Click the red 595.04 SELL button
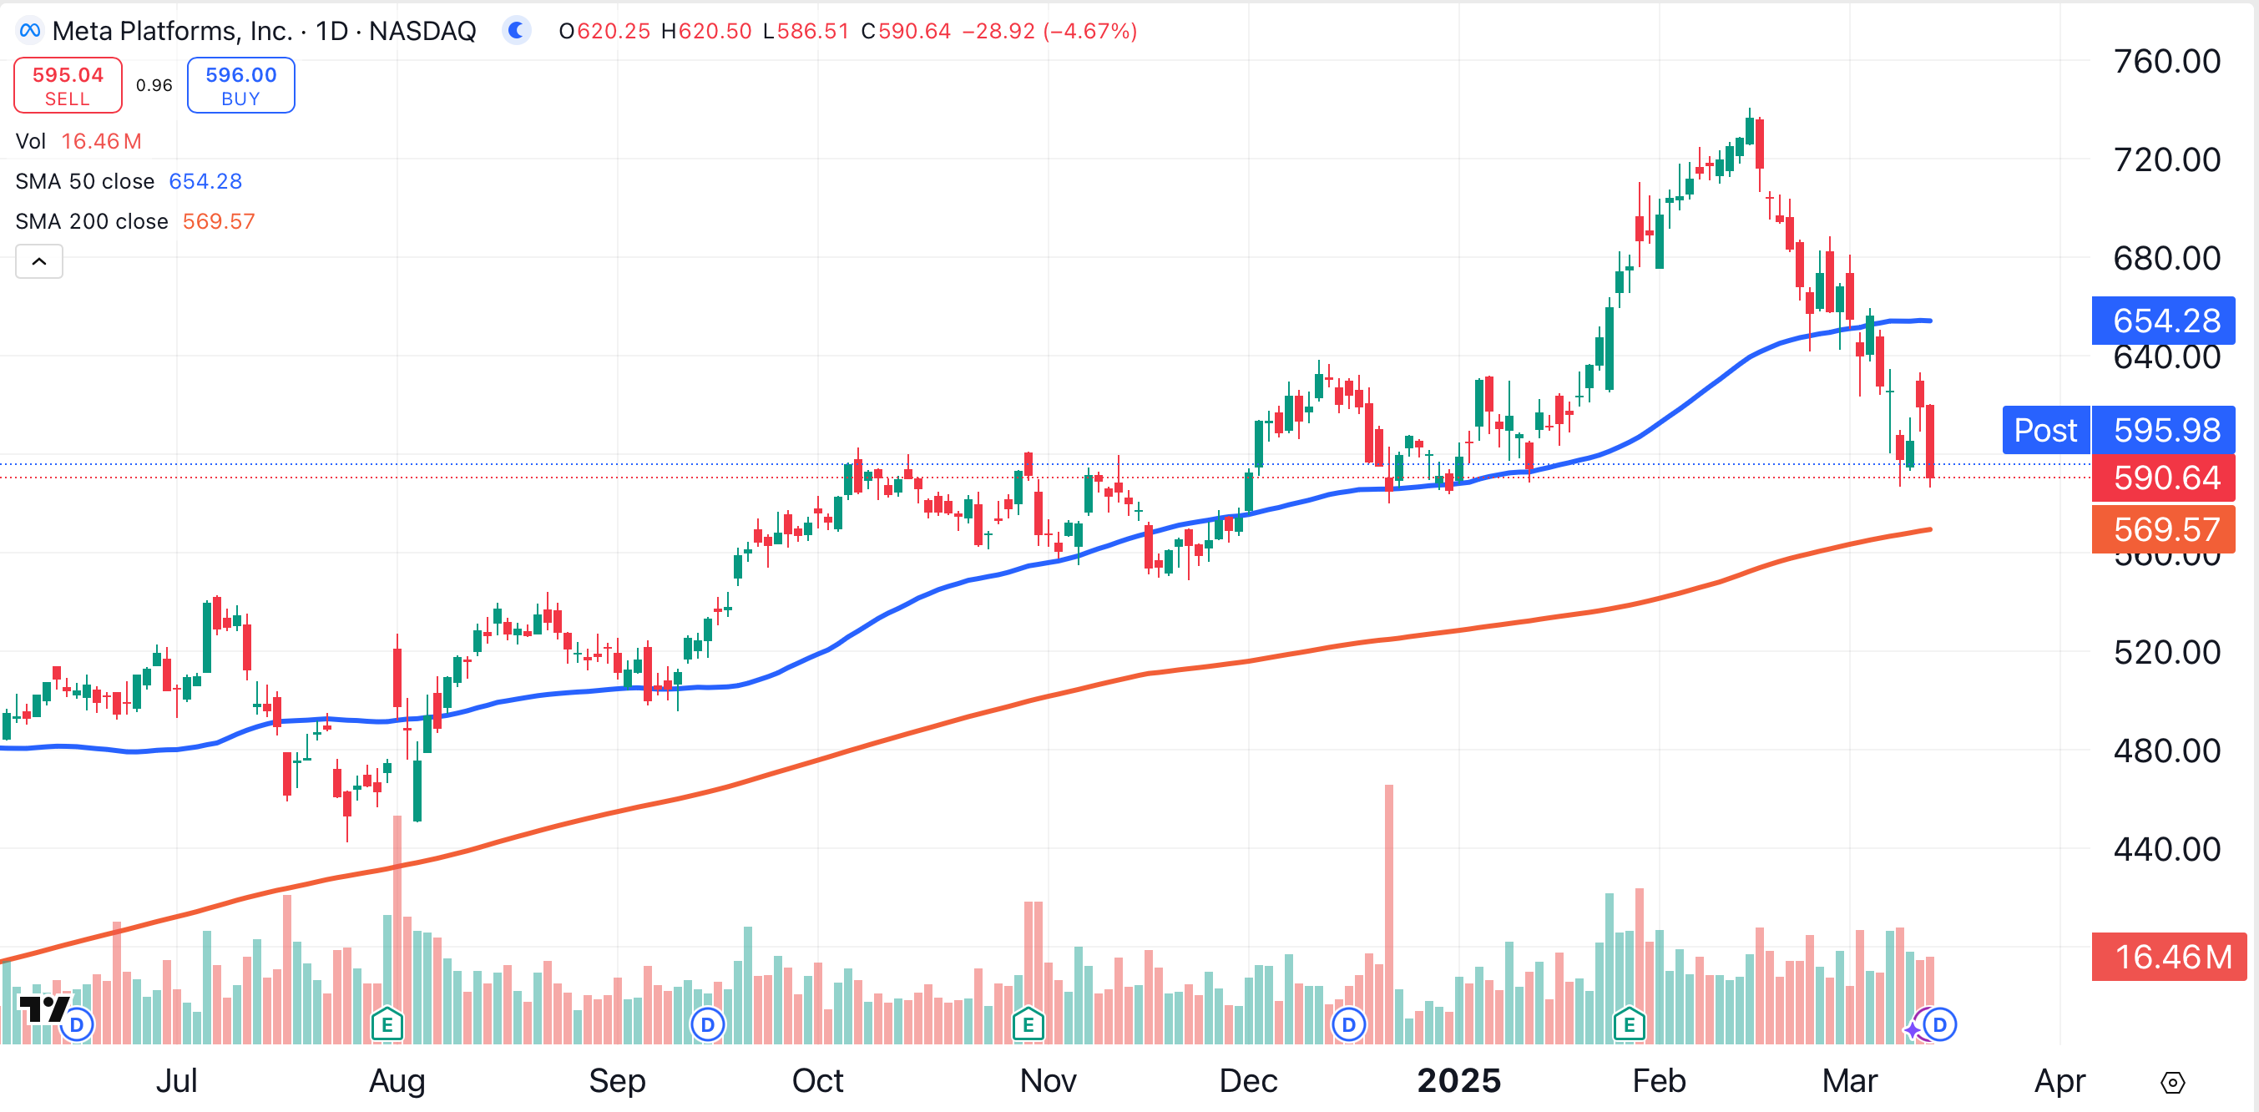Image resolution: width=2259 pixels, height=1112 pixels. pyautogui.click(x=68, y=85)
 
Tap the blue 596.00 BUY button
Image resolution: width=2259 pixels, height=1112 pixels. pyautogui.click(x=240, y=85)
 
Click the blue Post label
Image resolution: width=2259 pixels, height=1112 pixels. pyautogui.click(x=2045, y=430)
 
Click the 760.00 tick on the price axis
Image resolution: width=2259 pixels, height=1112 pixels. pyautogui.click(x=2166, y=62)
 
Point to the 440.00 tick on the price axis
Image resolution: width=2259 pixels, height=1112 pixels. pyautogui.click(x=2166, y=849)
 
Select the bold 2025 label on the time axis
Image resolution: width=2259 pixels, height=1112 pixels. pyautogui.click(x=1458, y=1080)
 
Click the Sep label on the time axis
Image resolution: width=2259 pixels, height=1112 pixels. pyautogui.click(x=616, y=1080)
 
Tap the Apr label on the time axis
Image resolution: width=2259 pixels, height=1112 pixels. pyautogui.click(x=2059, y=1080)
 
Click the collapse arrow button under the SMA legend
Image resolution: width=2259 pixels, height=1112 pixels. pyautogui.click(x=39, y=261)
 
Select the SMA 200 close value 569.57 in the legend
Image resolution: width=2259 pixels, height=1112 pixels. pyautogui.click(x=219, y=221)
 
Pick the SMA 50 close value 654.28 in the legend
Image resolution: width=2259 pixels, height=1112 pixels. pyautogui.click(x=205, y=181)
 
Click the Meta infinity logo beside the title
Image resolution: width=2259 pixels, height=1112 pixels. pyautogui.click(x=30, y=31)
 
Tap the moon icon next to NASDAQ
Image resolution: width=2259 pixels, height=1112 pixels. pyautogui.click(x=517, y=31)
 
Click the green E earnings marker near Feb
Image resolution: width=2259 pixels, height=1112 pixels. pyautogui.click(x=1629, y=1024)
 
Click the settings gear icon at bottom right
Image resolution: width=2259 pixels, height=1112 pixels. pyautogui.click(x=2172, y=1082)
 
